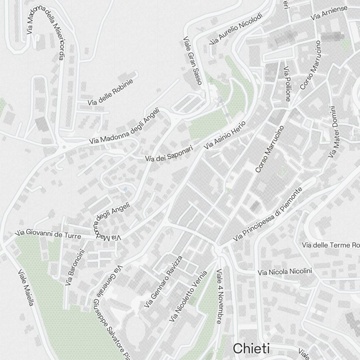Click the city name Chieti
pyautogui.click(x=251, y=348)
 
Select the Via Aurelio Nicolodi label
pyautogui.click(x=237, y=29)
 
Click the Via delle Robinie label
pyautogui.click(x=110, y=92)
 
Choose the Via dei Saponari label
pyautogui.click(x=169, y=153)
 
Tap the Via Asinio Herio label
pyautogui.click(x=224, y=135)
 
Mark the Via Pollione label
pyautogui.click(x=287, y=84)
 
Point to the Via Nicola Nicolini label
pyautogui.click(x=284, y=272)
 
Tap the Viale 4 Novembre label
pyautogui.click(x=219, y=296)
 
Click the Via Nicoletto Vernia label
pyautogui.click(x=188, y=297)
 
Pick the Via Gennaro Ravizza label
pyautogui.click(x=163, y=282)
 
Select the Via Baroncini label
pyautogui.click(x=74, y=268)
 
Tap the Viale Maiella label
pyautogui.click(x=26, y=288)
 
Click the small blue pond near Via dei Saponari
pyautogui.click(x=125, y=189)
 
